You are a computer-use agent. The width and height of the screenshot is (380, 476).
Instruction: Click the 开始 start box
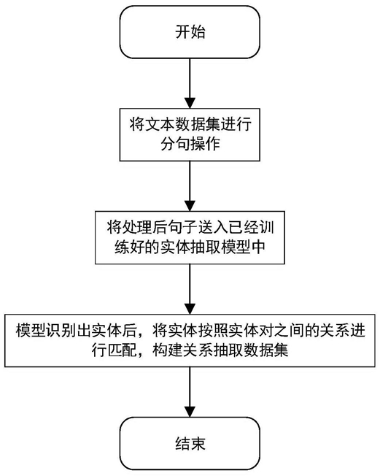(x=190, y=32)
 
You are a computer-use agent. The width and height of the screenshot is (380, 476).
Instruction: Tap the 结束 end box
(x=190, y=444)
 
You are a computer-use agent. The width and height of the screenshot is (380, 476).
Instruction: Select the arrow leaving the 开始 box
(x=190, y=83)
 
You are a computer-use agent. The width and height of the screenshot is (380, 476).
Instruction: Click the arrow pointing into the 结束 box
(x=190, y=392)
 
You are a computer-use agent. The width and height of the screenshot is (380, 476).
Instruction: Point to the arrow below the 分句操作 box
(x=190, y=185)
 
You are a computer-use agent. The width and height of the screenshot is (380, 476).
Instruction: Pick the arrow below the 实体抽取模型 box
(x=190, y=289)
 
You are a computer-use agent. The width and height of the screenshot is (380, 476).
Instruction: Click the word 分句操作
(x=190, y=144)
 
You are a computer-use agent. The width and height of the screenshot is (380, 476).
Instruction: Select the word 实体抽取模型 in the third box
(x=205, y=247)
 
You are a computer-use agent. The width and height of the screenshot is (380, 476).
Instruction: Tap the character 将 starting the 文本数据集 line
(x=137, y=124)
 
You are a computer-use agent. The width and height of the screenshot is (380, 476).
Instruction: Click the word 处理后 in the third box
(x=137, y=228)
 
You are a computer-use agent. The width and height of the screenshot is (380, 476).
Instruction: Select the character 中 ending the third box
(x=258, y=247)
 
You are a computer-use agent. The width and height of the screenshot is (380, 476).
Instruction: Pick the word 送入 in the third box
(x=213, y=228)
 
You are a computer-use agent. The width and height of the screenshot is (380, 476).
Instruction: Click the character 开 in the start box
(x=182, y=32)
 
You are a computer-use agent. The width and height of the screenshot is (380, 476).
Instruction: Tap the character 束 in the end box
(x=198, y=444)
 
